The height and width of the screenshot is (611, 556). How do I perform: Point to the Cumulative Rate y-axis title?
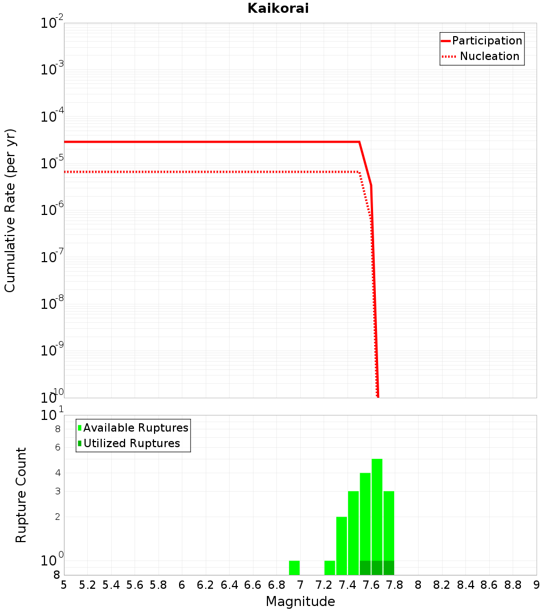point(10,210)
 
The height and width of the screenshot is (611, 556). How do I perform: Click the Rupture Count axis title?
point(21,494)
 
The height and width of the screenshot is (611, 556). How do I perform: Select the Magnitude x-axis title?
point(300,602)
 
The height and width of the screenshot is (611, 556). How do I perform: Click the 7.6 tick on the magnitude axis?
point(371,585)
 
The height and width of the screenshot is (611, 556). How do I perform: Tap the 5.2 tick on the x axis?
point(88,585)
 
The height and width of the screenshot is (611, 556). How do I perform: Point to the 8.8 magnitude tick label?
point(513,585)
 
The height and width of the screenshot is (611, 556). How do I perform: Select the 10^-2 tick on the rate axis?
point(52,23)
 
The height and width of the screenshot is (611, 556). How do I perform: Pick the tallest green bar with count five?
point(377,511)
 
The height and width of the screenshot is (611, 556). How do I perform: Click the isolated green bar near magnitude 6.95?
point(294,568)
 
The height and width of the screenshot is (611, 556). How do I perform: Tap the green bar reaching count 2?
point(341,545)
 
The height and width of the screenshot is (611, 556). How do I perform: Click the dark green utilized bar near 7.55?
point(365,568)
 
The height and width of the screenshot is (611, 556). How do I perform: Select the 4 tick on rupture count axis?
point(57,473)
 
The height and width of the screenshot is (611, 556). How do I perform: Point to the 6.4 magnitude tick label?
point(229,585)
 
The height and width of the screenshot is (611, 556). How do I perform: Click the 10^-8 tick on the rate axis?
point(52,304)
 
